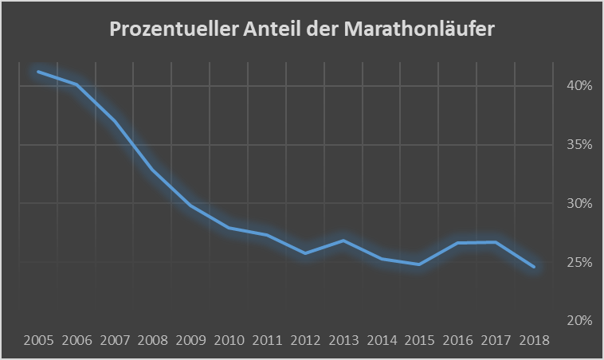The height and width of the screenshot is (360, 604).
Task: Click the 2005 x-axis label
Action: pyautogui.click(x=39, y=340)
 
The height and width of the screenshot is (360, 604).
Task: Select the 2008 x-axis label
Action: pyautogui.click(x=153, y=340)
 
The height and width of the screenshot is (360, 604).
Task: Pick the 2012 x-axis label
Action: pyautogui.click(x=305, y=340)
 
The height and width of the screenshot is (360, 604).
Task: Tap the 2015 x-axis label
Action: pyautogui.click(x=419, y=340)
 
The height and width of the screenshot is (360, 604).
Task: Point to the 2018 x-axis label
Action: pyautogui.click(x=533, y=340)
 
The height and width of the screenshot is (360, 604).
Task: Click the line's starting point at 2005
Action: pyautogui.click(x=39, y=72)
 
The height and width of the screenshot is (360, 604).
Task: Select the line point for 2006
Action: pyautogui.click(x=76, y=84)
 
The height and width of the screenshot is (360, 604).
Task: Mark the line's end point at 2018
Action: pyautogui.click(x=533, y=267)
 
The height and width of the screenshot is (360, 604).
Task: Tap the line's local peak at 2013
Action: pyautogui.click(x=343, y=241)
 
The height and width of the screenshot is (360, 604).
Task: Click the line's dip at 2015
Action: pyautogui.click(x=419, y=264)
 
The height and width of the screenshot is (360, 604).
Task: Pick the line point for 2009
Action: pyautogui.click(x=191, y=205)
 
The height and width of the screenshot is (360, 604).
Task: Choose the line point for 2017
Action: pyautogui.click(x=496, y=242)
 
